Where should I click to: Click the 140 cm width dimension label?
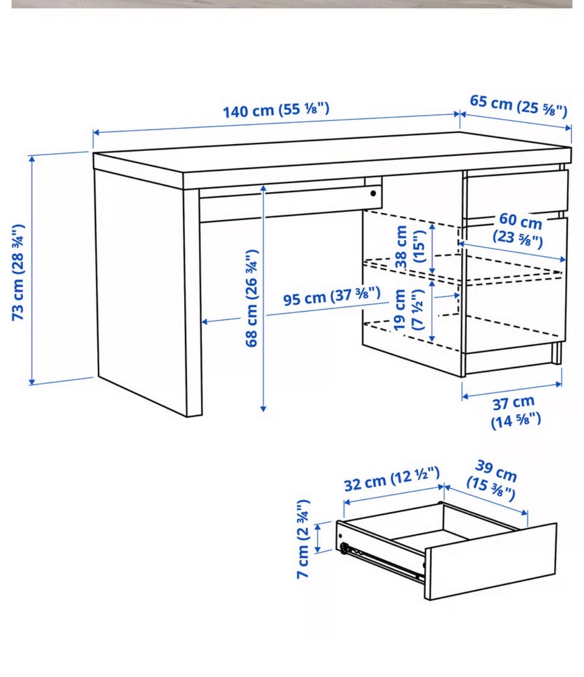(x=276, y=109)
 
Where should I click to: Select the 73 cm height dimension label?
(x=18, y=272)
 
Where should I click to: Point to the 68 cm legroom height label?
(x=251, y=298)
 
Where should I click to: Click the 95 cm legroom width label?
(x=332, y=296)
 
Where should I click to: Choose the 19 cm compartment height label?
(x=408, y=310)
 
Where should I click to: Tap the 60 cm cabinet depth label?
(x=519, y=229)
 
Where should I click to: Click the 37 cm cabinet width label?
(x=515, y=412)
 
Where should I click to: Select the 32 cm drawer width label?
(x=392, y=479)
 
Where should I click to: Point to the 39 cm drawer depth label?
(x=493, y=480)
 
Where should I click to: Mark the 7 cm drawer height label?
(x=303, y=539)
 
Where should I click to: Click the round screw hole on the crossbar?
(x=373, y=193)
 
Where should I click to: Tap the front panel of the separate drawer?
(x=491, y=561)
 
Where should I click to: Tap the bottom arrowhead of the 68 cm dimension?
(x=263, y=408)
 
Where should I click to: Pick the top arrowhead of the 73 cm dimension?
(x=32, y=159)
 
